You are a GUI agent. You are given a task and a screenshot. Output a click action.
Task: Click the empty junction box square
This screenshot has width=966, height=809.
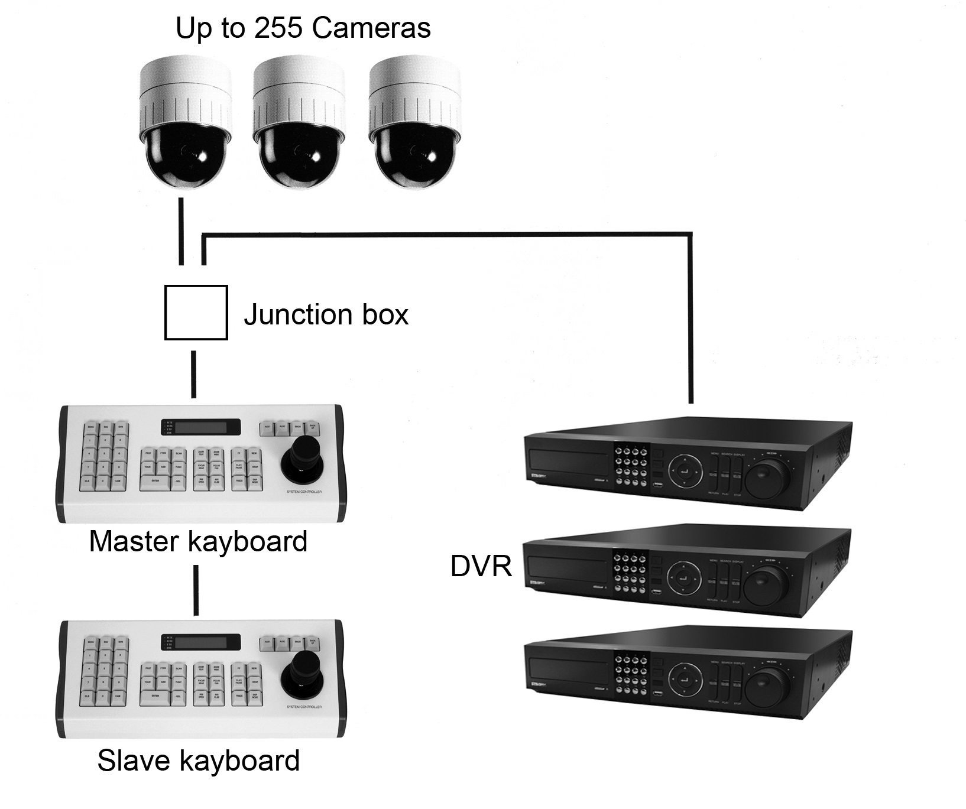click(196, 313)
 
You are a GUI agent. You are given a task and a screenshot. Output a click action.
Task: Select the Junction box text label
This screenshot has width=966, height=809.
click(326, 314)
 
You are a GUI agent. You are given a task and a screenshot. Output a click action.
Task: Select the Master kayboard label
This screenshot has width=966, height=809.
click(198, 541)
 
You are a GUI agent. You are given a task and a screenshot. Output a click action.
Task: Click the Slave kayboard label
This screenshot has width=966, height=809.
click(198, 761)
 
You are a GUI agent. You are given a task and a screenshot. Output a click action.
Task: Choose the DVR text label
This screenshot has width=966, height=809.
click(481, 566)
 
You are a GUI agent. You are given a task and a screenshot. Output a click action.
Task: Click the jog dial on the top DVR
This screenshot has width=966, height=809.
click(767, 476)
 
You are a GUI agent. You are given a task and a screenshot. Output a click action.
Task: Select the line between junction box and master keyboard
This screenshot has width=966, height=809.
click(193, 374)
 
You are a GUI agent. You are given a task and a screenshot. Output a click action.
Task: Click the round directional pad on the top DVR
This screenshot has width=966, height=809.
click(685, 472)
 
